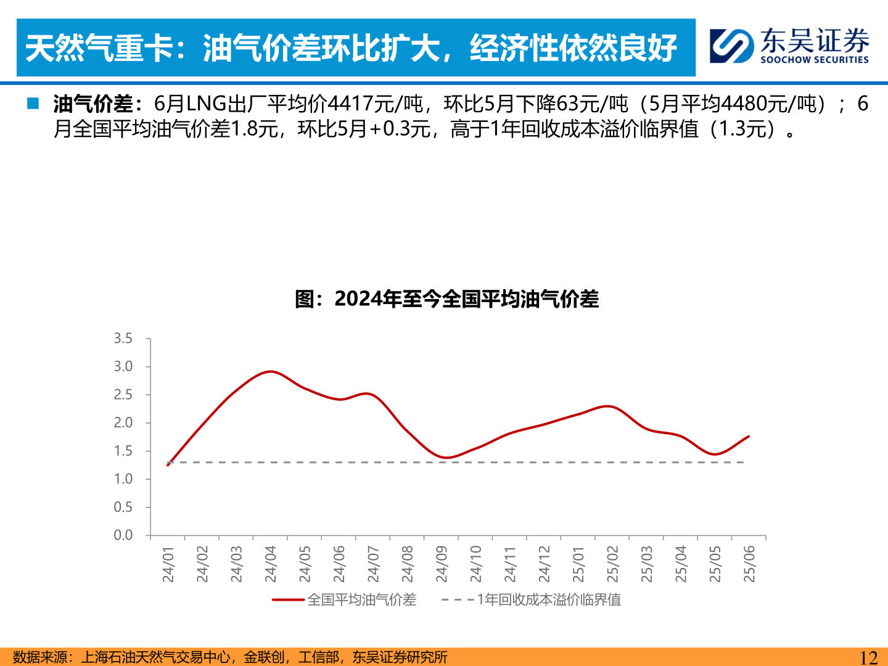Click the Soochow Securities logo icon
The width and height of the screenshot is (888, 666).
click(x=731, y=46)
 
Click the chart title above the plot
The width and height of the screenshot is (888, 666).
click(x=447, y=299)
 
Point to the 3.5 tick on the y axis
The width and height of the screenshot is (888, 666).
click(x=123, y=339)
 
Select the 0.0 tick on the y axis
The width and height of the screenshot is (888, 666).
click(x=123, y=535)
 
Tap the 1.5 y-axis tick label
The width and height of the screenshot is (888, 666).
click(x=123, y=451)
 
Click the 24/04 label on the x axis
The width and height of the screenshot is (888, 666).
click(x=271, y=564)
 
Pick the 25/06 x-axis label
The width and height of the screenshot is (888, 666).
click(x=749, y=564)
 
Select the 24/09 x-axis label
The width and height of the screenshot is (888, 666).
click(x=442, y=564)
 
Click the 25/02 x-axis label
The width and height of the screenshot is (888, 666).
click(x=612, y=564)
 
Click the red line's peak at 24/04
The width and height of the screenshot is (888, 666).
click(x=270, y=371)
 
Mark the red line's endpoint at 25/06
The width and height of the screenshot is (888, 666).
click(x=749, y=437)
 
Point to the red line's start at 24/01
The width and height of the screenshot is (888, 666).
click(x=168, y=464)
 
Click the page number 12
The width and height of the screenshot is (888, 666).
click(x=868, y=657)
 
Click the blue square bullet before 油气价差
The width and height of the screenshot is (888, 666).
click(x=33, y=104)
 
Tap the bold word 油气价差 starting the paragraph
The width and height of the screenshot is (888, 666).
click(x=92, y=104)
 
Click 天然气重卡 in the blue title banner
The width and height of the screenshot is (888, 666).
click(x=99, y=48)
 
